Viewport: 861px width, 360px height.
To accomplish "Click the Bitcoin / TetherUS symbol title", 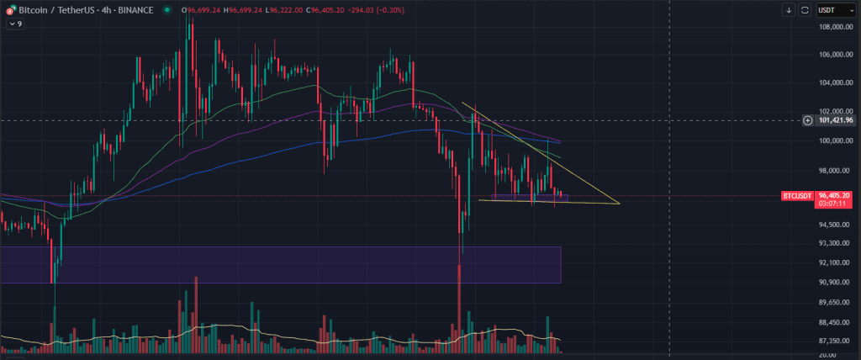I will point(84,10).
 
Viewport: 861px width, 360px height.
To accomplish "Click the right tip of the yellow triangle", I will point(619,204).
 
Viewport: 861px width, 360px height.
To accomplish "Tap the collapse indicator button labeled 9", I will point(15,24).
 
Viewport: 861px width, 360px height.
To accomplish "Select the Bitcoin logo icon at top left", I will point(8,10).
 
